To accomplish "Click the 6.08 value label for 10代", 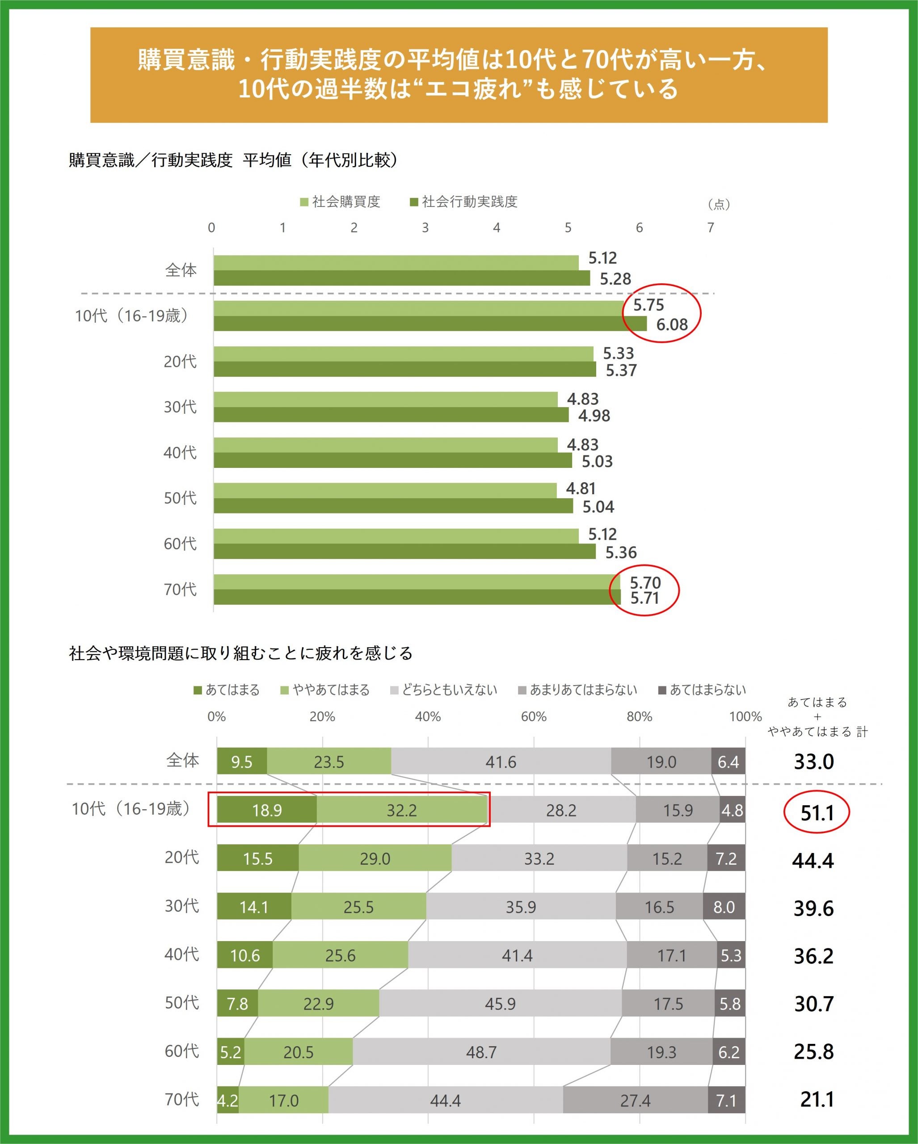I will coord(672,325).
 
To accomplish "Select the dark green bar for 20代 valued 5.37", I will coord(404,369).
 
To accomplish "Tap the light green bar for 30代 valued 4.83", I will coord(385,399).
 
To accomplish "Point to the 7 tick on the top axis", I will coord(711,227).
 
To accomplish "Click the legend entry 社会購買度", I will coord(340,202).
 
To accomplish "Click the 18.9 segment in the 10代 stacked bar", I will coord(266,810).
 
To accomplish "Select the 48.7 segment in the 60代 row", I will coord(481,1051).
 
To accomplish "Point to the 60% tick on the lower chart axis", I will coord(533,717).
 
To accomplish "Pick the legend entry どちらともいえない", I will coord(444,690).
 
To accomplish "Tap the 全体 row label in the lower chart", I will coord(182,761).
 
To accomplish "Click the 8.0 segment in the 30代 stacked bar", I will coord(724,907).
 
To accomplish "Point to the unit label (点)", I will coord(719,204).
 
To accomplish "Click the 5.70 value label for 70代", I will coord(645,583).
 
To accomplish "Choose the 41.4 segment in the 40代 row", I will coord(518,955).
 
